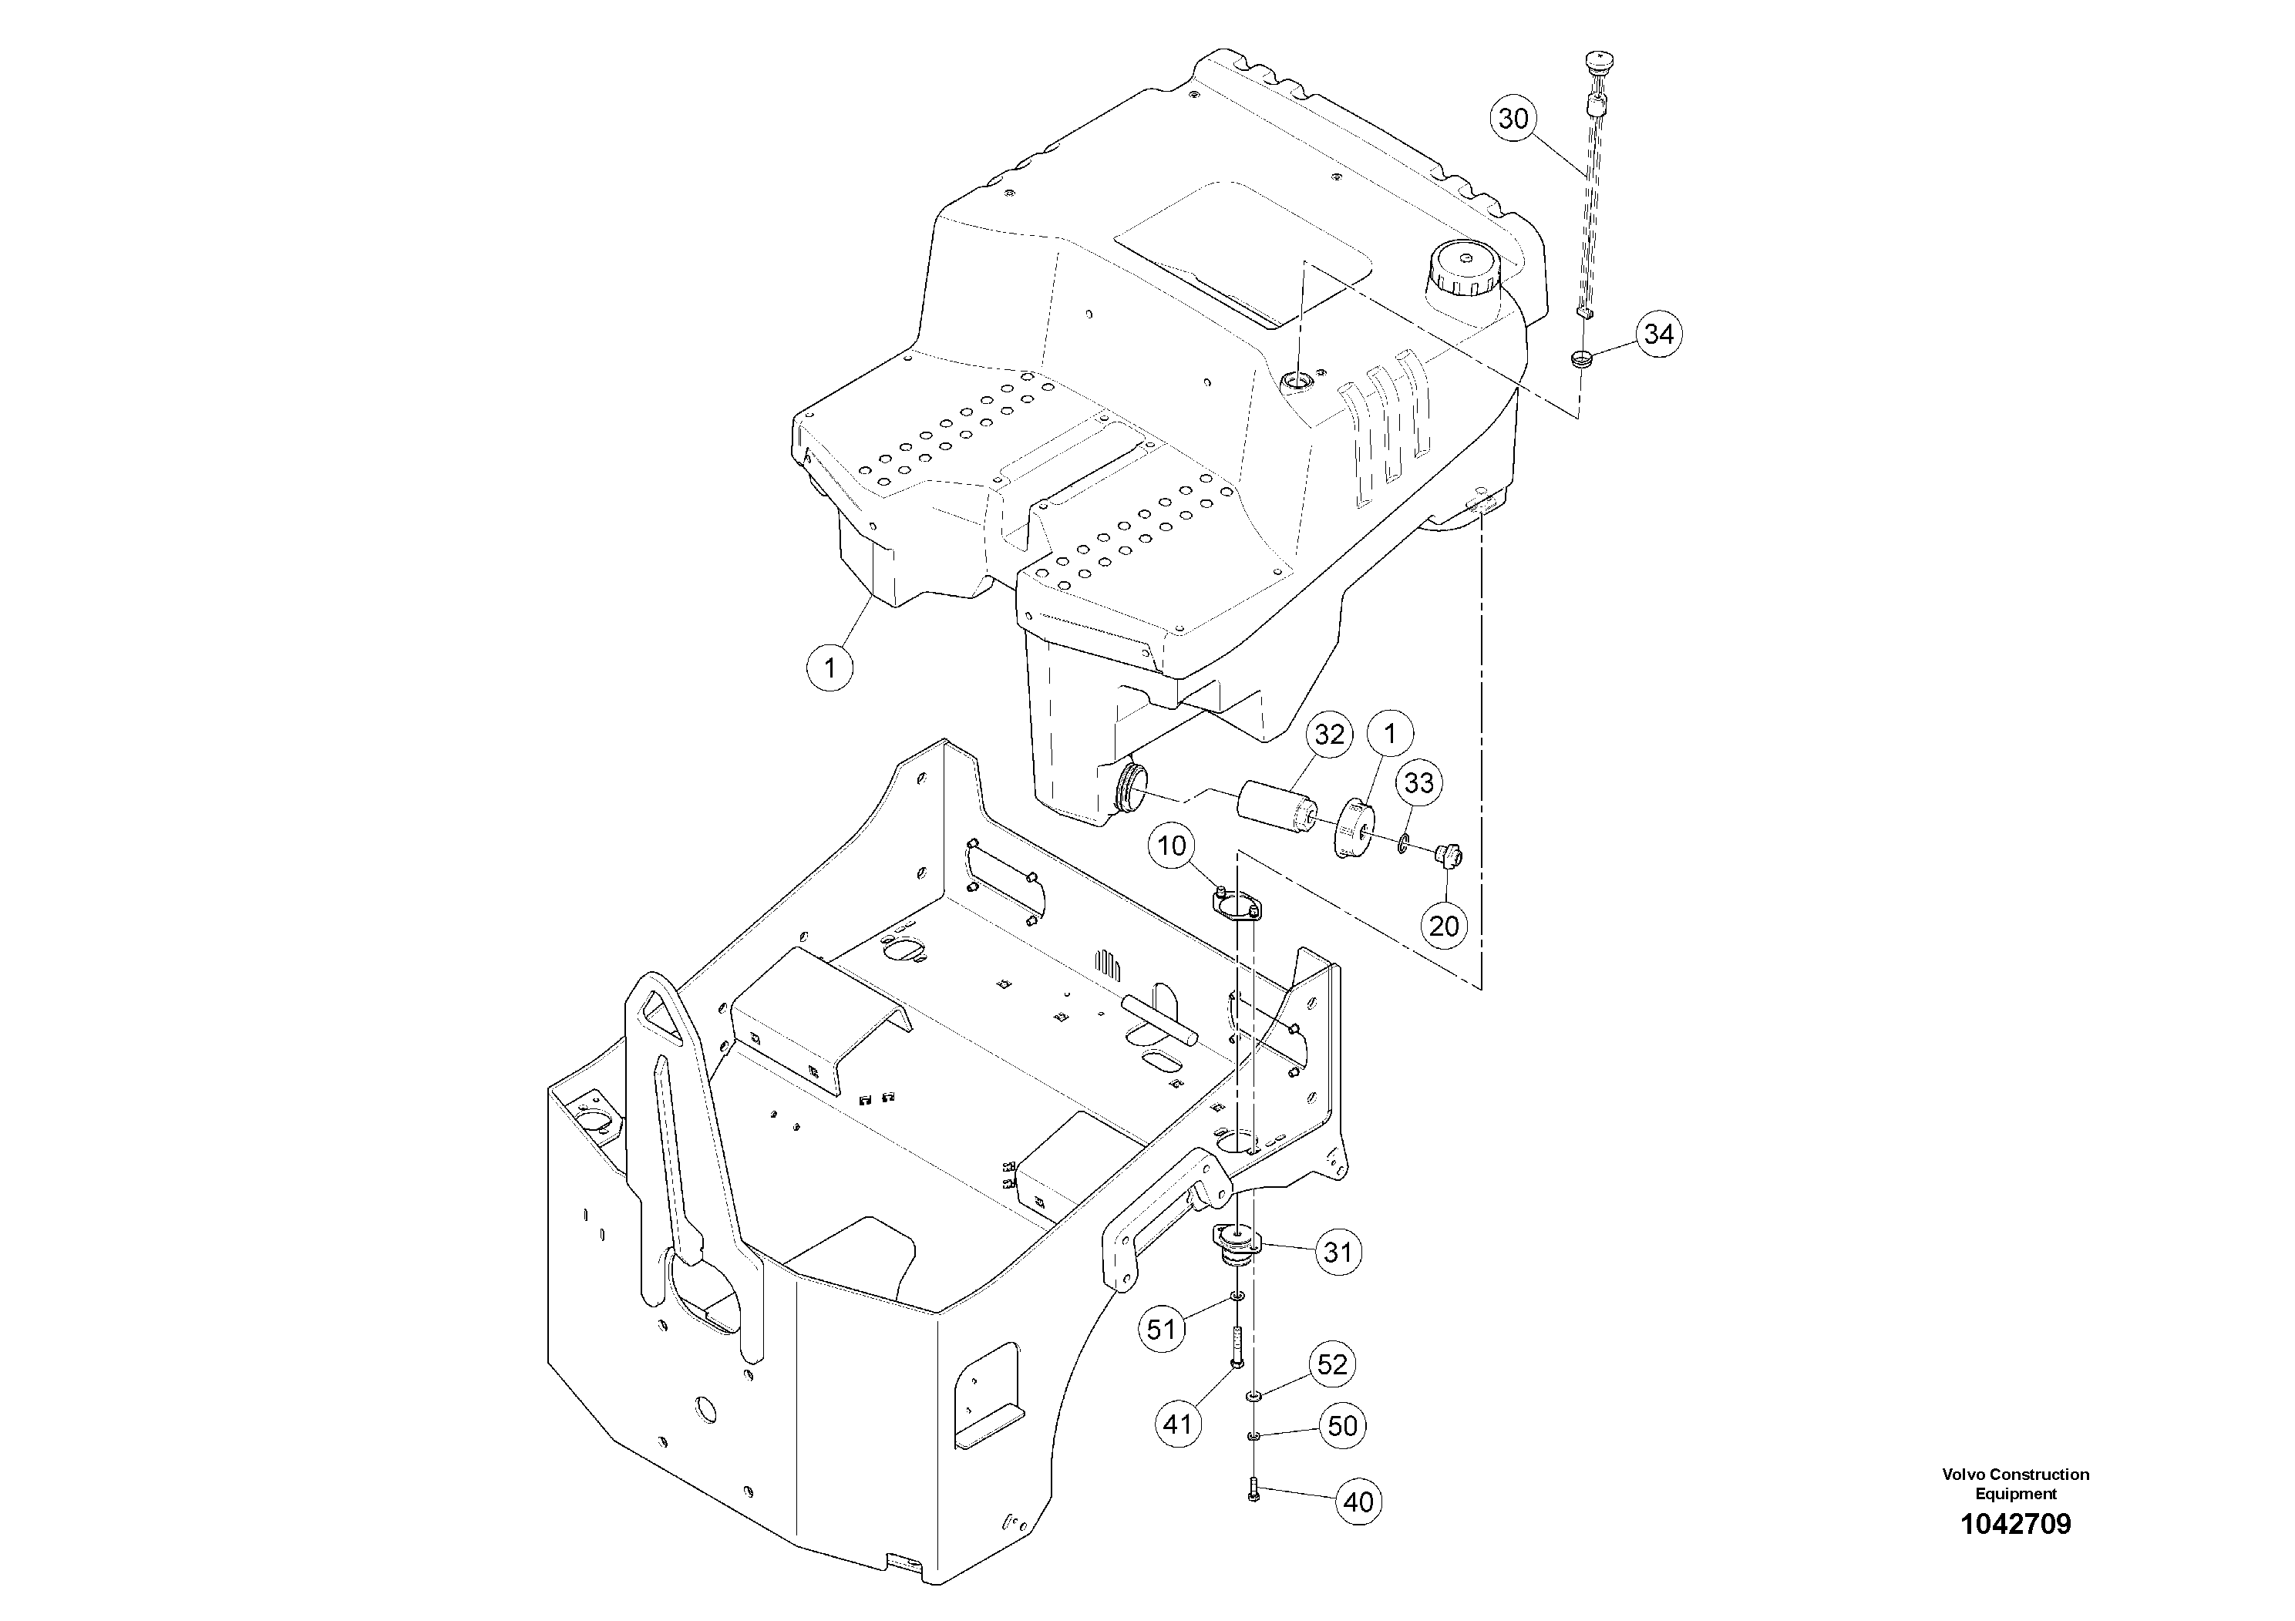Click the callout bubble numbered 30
tap(1514, 119)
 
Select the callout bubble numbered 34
tap(1658, 333)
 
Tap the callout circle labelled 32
tap(1329, 735)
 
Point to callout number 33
tap(1419, 782)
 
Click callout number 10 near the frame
tap(1172, 846)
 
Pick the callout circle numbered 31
tap(1338, 1253)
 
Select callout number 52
tap(1332, 1365)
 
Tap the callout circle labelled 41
tap(1177, 1422)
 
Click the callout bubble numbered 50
tap(1342, 1426)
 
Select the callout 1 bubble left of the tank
tap(829, 666)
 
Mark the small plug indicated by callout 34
tap(1580, 358)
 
